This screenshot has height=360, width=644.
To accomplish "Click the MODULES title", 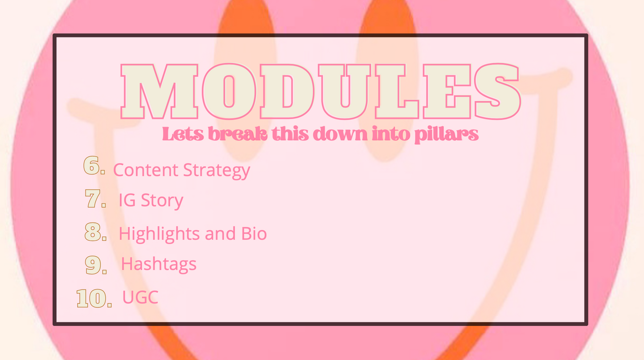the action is tap(320, 91).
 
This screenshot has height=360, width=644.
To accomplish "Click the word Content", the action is tap(146, 170).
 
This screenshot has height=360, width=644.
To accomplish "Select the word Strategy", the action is tap(217, 171).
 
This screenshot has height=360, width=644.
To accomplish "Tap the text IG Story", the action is tap(151, 200).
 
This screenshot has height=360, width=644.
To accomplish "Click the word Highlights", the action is tap(159, 233).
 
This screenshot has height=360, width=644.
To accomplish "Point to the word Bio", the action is tap(254, 233).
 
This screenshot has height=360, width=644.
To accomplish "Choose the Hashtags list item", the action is tap(159, 263).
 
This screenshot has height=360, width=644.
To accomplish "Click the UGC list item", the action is tap(140, 297).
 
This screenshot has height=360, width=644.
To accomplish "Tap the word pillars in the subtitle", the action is tap(447, 135).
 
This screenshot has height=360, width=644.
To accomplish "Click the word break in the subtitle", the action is tap(238, 134).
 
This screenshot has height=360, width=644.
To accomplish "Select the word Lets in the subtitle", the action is tap(183, 134).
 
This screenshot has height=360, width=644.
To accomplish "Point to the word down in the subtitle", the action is tap(340, 134).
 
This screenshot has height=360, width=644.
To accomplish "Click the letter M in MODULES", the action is tap(160, 91).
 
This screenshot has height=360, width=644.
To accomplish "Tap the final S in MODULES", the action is tap(497, 91).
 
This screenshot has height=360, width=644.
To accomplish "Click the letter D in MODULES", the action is tap(287, 91).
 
